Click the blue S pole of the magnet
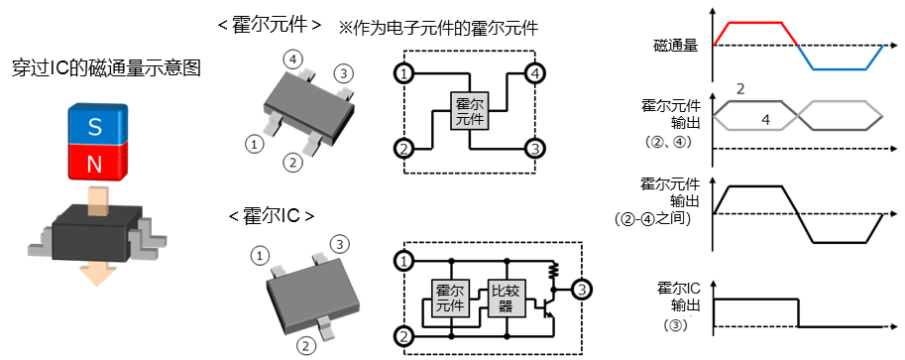coord(95,126)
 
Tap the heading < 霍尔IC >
coord(272,215)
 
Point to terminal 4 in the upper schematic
coord(534,73)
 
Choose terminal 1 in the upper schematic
coord(402,73)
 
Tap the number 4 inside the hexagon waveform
coord(764,119)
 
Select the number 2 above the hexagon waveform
coord(741,90)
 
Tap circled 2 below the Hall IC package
coord(308,345)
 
